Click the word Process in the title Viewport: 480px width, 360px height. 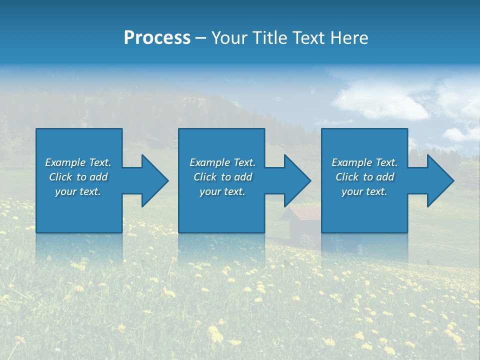(157, 38)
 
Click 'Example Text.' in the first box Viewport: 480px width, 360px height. (78, 162)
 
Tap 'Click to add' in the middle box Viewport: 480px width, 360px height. (222, 177)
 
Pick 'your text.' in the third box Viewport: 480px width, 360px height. (364, 191)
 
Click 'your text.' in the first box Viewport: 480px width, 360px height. (78, 191)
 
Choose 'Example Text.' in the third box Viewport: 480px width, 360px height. (364, 162)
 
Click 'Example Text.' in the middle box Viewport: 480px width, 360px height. (222, 162)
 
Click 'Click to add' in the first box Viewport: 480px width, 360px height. (78, 177)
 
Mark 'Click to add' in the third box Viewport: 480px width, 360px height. (364, 177)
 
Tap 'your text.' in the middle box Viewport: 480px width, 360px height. (222, 191)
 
